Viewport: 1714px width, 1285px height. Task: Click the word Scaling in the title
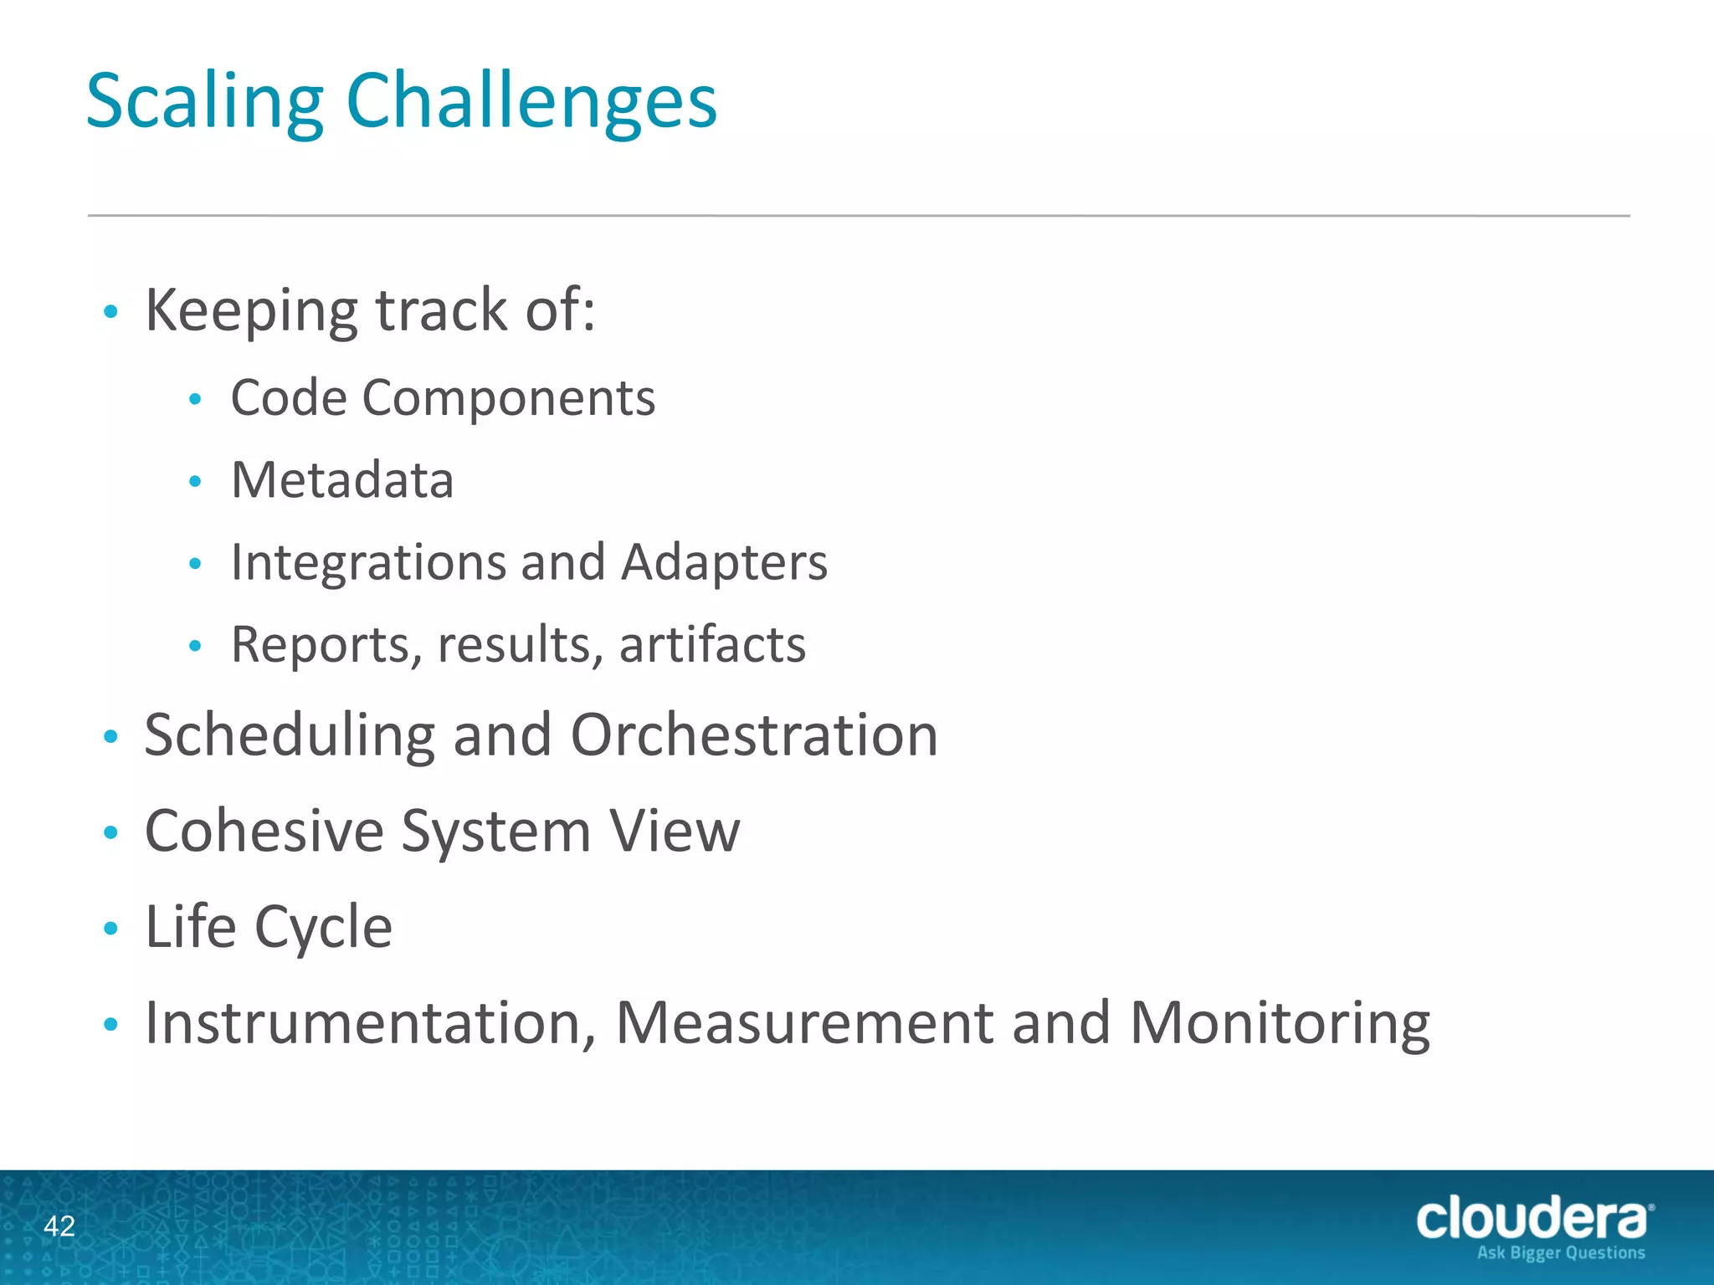point(204,102)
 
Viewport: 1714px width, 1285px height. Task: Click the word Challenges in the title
point(531,102)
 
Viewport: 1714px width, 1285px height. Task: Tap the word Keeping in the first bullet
point(252,311)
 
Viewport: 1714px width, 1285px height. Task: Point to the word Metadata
point(342,480)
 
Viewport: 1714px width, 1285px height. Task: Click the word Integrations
point(368,563)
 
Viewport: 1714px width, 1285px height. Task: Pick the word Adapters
point(724,563)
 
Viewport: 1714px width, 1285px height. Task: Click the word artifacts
point(712,645)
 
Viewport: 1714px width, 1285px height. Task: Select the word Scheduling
point(290,736)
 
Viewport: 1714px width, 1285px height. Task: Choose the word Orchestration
point(754,736)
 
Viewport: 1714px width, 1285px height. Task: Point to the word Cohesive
point(264,832)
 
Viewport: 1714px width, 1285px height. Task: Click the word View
point(675,832)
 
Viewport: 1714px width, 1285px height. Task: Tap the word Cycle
point(323,927)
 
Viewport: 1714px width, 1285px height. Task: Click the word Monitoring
point(1280,1024)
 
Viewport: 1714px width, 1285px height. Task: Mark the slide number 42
point(59,1226)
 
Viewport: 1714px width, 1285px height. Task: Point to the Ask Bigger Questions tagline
point(1561,1252)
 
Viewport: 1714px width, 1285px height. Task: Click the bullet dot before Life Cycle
point(110,928)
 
